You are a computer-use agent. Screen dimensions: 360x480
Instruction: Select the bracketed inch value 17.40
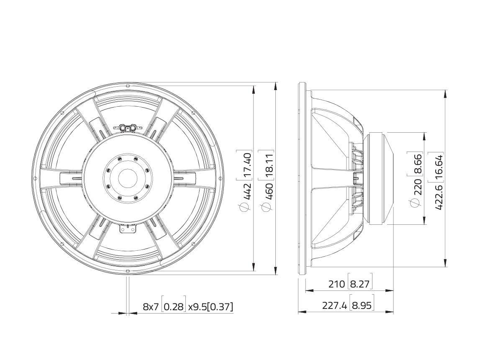tap(247, 161)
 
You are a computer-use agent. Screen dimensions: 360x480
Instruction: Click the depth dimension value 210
tap(336, 284)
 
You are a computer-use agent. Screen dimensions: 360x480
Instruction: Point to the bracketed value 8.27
tap(360, 284)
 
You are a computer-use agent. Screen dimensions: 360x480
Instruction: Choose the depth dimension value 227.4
tap(335, 306)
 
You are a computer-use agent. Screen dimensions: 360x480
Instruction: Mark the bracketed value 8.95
tap(362, 306)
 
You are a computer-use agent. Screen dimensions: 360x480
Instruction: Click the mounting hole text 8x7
tap(151, 307)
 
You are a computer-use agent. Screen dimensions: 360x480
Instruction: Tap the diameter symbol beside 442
tap(247, 207)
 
